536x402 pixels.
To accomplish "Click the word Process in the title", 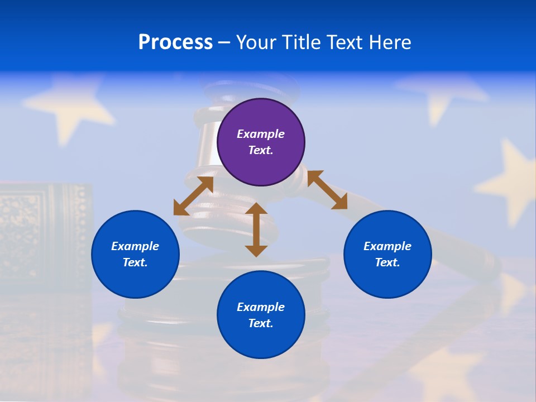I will [175, 42].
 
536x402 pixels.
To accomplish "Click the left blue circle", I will [135, 254].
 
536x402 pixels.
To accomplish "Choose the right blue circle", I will [387, 254].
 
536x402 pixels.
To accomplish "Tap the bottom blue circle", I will [261, 315].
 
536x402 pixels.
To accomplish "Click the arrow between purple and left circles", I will [193, 196].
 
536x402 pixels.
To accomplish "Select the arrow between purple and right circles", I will [327, 190].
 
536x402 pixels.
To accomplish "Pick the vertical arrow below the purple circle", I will [256, 229].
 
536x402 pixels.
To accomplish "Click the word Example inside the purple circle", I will [261, 134].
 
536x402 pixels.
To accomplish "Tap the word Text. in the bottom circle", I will [261, 323].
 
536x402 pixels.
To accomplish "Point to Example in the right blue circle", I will [387, 246].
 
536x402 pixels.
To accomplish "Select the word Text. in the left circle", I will [135, 262].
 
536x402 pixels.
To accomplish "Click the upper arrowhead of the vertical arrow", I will [256, 210].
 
